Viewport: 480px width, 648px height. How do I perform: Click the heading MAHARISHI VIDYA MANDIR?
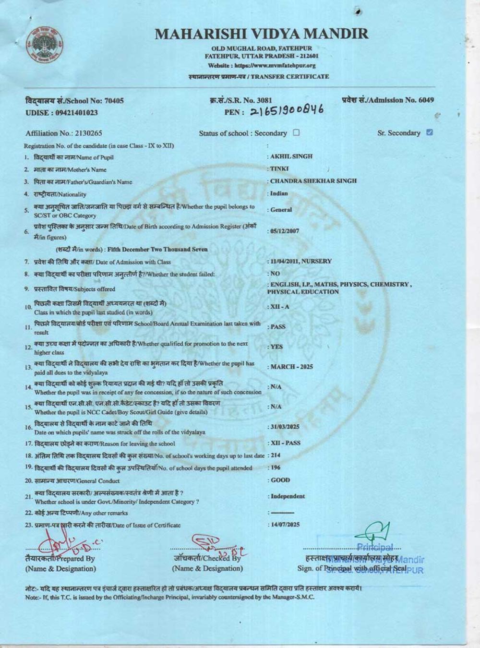click(x=262, y=34)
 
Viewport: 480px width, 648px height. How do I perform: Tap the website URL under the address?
click(x=262, y=66)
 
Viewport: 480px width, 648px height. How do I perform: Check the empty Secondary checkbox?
click(x=296, y=133)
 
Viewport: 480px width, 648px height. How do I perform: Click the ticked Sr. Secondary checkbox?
click(x=430, y=132)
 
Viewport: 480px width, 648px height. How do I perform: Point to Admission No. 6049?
click(x=388, y=100)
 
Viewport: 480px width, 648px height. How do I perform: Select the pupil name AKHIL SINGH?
click(x=291, y=156)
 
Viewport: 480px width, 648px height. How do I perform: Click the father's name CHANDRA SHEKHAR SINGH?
click(x=313, y=181)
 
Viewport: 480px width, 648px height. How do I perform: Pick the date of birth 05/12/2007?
click(x=285, y=231)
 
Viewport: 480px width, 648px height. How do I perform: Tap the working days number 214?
click(x=276, y=455)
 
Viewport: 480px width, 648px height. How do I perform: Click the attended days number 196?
click(x=276, y=468)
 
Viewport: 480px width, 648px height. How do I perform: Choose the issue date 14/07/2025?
click(x=285, y=525)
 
